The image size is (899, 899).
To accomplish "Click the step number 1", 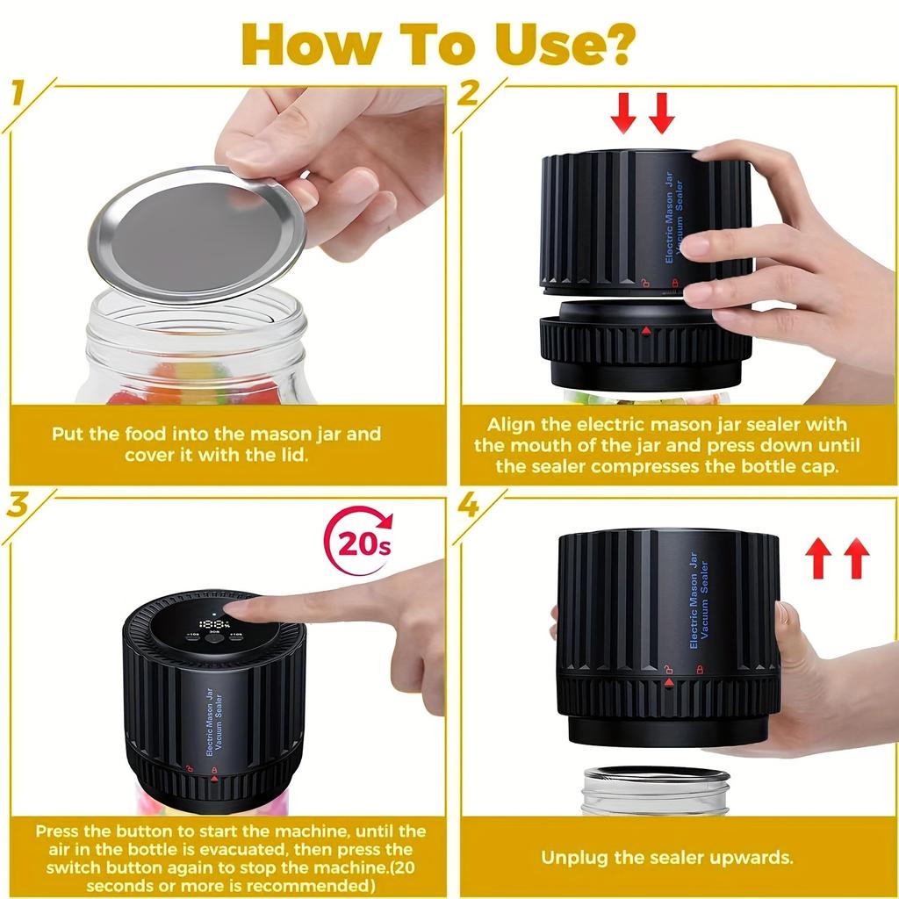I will click(18, 93).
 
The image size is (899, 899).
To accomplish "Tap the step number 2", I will click(468, 93).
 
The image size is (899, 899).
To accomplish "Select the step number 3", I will click(18, 506).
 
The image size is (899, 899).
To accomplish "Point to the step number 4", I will click(468, 506).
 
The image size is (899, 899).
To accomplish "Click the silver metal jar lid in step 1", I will click(197, 233).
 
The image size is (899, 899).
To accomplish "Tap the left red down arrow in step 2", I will click(624, 112).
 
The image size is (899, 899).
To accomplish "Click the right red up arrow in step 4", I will click(856, 558).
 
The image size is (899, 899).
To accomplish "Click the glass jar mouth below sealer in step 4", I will click(655, 778).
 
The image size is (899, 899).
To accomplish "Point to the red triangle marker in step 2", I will click(647, 331).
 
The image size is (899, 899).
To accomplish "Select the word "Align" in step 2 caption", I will click(511, 426).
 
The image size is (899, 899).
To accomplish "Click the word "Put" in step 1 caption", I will click(67, 434).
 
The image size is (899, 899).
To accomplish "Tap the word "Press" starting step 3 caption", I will click(61, 831).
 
